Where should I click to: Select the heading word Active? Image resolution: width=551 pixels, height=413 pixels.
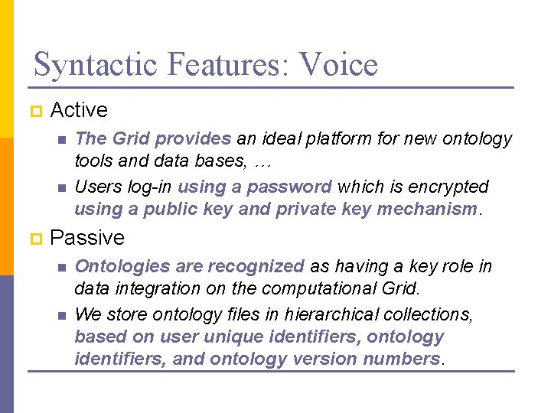coord(78,110)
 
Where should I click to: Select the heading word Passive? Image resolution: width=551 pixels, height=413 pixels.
coord(86,238)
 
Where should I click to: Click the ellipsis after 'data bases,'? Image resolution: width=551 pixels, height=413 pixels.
coord(265,162)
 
